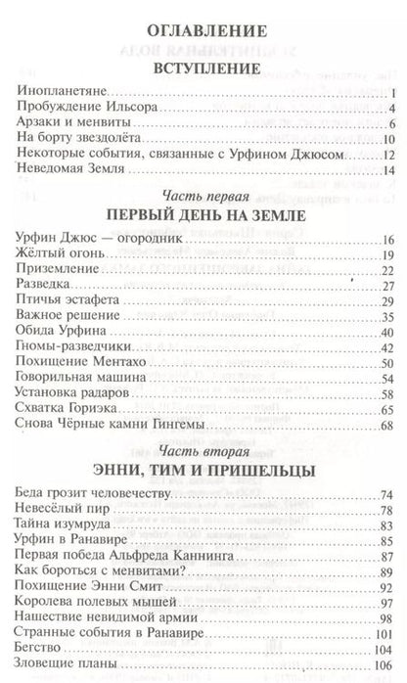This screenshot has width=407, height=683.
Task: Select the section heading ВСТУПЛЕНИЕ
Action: pos(203,70)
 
